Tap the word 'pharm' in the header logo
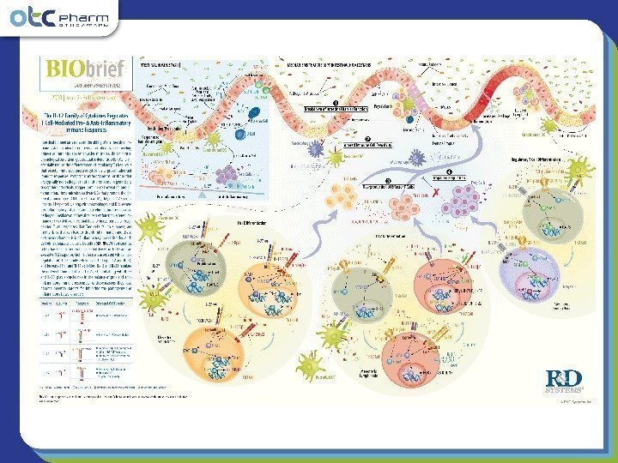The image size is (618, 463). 93,12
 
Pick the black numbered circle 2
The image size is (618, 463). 367,140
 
